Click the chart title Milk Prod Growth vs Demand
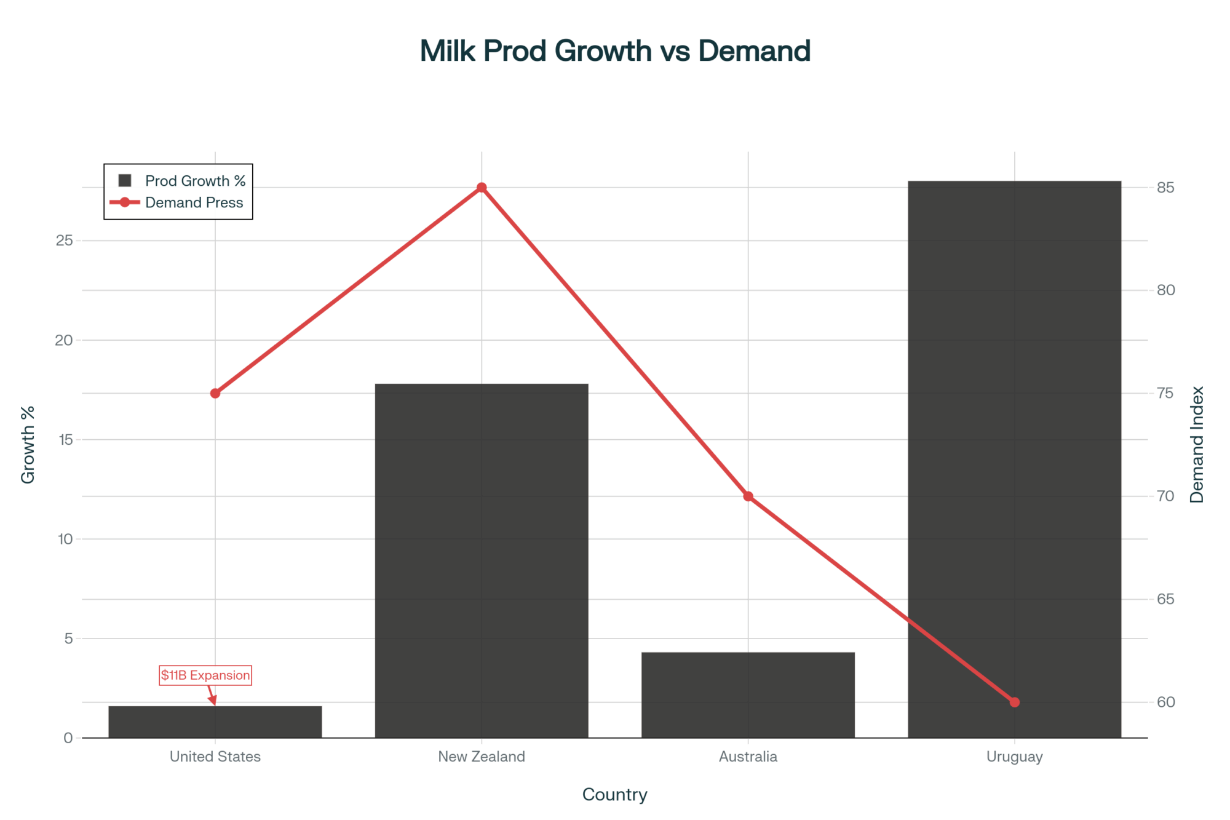coord(615,51)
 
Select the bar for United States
coord(215,722)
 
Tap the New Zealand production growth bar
coord(482,560)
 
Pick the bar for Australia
coord(748,695)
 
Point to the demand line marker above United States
coord(215,393)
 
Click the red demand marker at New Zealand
coord(482,188)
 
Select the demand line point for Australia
coord(748,496)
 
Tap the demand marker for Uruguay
coord(1015,702)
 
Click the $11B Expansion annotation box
coord(205,675)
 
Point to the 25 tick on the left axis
coord(64,241)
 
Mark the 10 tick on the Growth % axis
coord(65,539)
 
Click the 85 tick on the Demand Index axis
coord(1165,188)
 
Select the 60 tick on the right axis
coord(1165,702)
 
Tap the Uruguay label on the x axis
coord(1014,757)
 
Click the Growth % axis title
coord(28,445)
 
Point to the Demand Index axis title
coord(1197,445)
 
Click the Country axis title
coord(614,795)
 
